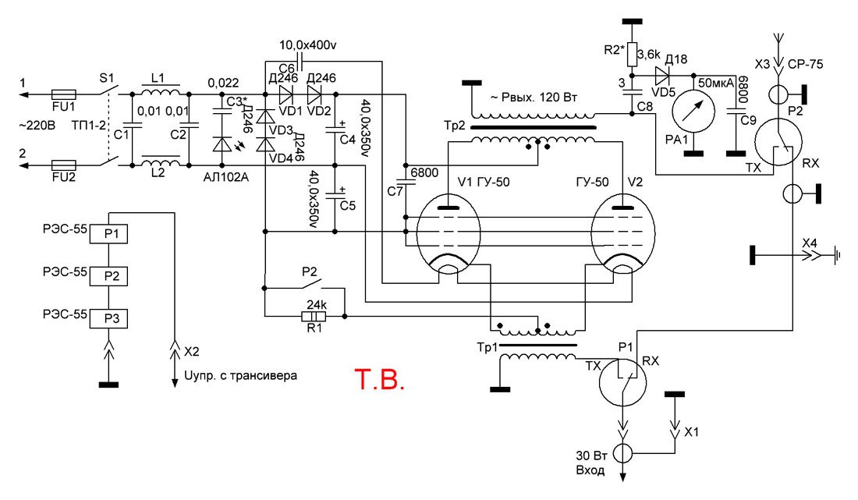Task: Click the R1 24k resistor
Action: pos(313,317)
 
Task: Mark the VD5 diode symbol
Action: pos(663,76)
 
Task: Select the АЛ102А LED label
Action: pos(224,176)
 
